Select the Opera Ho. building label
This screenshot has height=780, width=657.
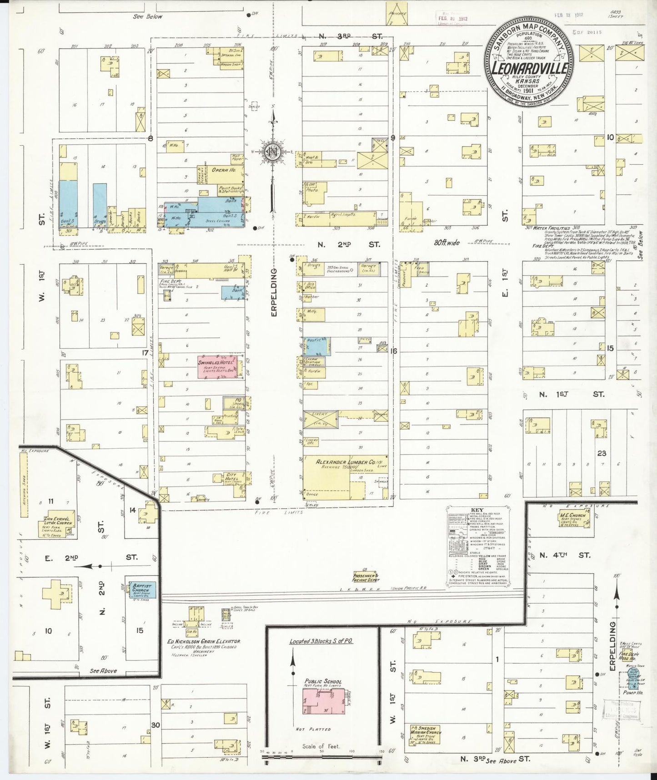[x=223, y=170]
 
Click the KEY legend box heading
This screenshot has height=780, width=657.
[x=478, y=509]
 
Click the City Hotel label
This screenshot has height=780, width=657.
[x=231, y=477]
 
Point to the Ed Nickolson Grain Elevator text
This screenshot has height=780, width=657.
[x=203, y=641]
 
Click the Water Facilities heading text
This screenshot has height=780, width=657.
[x=552, y=228]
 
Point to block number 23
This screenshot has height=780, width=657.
[x=602, y=453]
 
